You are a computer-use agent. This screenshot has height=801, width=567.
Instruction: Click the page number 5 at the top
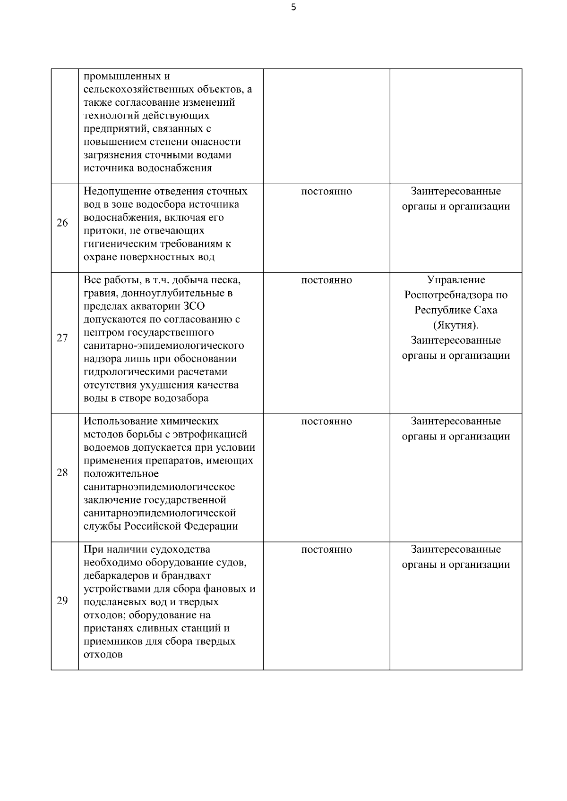pos(294,7)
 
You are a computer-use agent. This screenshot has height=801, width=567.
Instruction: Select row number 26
pos(62,223)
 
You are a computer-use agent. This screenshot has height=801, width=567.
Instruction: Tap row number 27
pos(62,338)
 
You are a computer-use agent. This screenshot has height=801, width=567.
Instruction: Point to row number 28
pos(62,473)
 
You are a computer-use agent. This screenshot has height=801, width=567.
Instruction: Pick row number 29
pos(62,601)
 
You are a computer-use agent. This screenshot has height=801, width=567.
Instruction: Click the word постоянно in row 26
pos(326,192)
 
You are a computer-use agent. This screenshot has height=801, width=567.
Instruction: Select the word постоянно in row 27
pos(326,280)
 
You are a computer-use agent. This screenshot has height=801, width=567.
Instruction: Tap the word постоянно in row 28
pos(326,422)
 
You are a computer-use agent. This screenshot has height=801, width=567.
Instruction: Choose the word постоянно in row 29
pos(326,550)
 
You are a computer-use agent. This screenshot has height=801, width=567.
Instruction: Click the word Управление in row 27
pos(456,280)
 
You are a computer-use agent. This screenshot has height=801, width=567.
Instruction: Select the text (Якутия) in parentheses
pos(456,326)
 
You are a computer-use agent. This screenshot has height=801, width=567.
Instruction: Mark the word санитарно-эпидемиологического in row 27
pos(163,346)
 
